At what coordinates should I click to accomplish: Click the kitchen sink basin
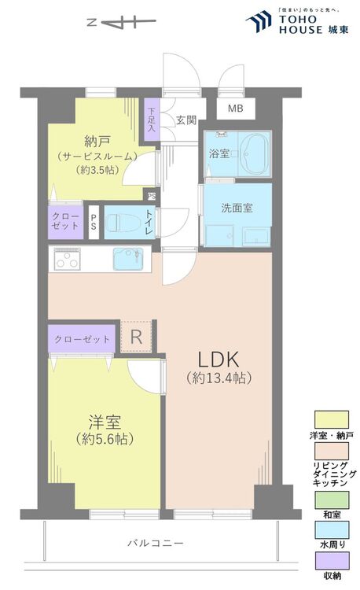point(128,258)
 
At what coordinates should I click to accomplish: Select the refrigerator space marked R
point(136,337)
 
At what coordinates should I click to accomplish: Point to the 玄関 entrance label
point(186,120)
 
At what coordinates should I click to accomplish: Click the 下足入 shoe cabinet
point(151,118)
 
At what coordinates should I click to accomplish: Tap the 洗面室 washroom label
point(236,209)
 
